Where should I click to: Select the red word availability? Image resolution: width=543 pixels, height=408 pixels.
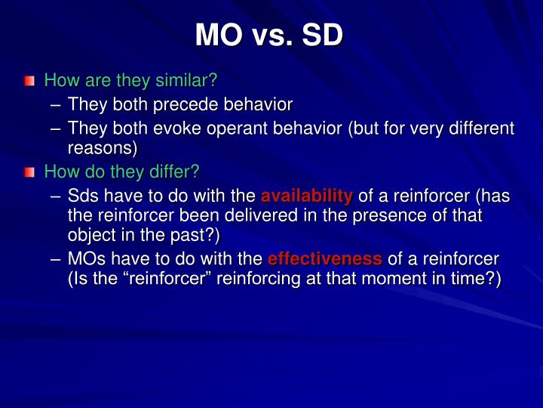306,197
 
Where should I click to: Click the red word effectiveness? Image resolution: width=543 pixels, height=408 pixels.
324,258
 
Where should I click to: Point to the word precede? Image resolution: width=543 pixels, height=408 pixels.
184,104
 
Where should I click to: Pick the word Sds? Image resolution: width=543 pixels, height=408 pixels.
84,197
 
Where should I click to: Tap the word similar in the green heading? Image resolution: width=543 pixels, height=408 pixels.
187,79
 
